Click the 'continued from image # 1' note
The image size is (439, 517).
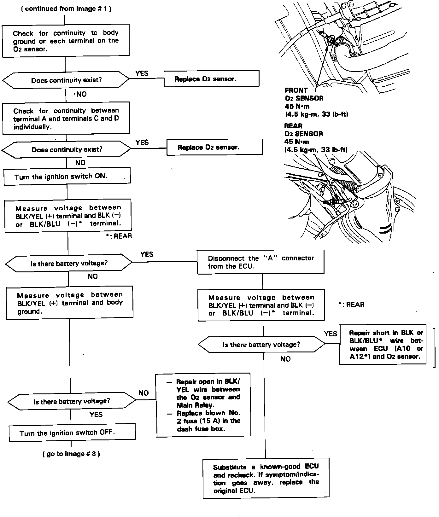pyautogui.click(x=66, y=9)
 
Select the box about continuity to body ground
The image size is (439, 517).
pyautogui.click(x=66, y=41)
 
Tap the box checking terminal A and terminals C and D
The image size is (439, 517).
pyautogui.click(x=66, y=119)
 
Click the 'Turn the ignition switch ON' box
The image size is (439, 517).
pyautogui.click(x=67, y=177)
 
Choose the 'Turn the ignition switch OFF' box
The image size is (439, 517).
pyautogui.click(x=72, y=433)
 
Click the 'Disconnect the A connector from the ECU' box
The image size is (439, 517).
pyautogui.click(x=260, y=262)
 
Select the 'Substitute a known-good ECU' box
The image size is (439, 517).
pyautogui.click(x=266, y=478)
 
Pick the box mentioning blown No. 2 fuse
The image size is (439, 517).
pyautogui.click(x=203, y=405)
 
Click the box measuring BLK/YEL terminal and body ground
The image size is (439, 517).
pyautogui.click(x=69, y=303)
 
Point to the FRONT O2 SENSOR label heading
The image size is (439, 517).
pyautogui.click(x=296, y=90)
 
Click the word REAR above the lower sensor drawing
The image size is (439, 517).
pyautogui.click(x=293, y=126)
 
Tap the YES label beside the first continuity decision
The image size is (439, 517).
pyautogui.click(x=142, y=73)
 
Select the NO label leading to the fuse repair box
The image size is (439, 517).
pyautogui.click(x=143, y=393)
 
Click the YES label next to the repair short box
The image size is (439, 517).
pyautogui.click(x=330, y=334)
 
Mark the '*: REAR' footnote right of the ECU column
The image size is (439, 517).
pyautogui.click(x=351, y=305)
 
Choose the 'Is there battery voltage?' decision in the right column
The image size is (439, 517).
pyautogui.click(x=261, y=345)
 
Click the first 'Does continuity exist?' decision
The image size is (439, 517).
pyautogui.click(x=66, y=80)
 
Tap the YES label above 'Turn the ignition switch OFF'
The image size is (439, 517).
pyautogui.click(x=96, y=415)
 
